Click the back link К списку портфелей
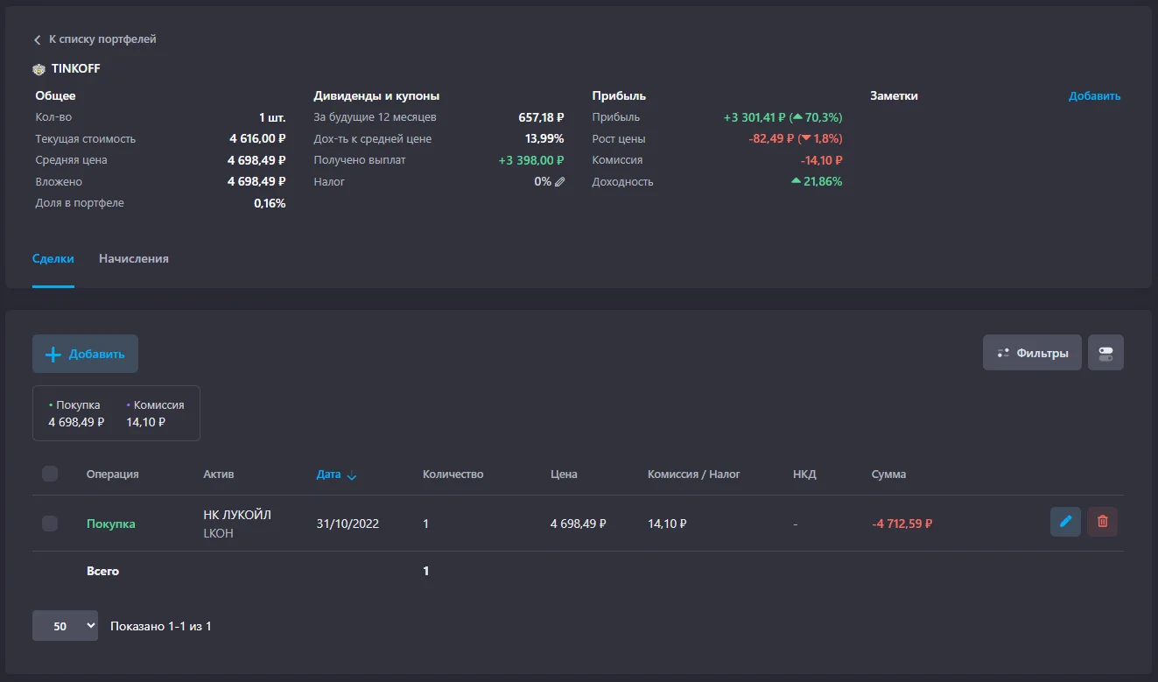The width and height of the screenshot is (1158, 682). tap(95, 39)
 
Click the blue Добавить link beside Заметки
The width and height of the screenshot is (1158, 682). tap(1094, 95)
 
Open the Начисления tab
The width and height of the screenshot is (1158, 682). tap(133, 258)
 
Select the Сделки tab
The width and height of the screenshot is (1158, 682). tap(53, 258)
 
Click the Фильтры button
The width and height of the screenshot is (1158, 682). tap(1032, 353)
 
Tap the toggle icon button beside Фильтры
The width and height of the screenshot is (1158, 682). tap(1105, 353)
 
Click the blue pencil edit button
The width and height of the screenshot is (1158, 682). tap(1065, 522)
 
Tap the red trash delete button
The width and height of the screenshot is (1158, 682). tap(1102, 522)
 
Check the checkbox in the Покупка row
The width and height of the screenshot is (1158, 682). tap(50, 524)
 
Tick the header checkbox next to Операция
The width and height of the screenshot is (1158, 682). tap(50, 474)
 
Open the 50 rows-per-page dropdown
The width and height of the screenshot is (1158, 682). tap(65, 626)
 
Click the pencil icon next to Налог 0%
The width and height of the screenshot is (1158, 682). tap(560, 181)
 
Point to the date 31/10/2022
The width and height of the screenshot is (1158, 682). tap(347, 524)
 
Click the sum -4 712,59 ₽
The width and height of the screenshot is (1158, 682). tap(902, 524)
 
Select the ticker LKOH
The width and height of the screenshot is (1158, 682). tap(218, 533)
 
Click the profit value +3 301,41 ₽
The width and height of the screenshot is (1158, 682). tap(754, 117)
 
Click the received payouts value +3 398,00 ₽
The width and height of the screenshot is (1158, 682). tap(531, 160)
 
